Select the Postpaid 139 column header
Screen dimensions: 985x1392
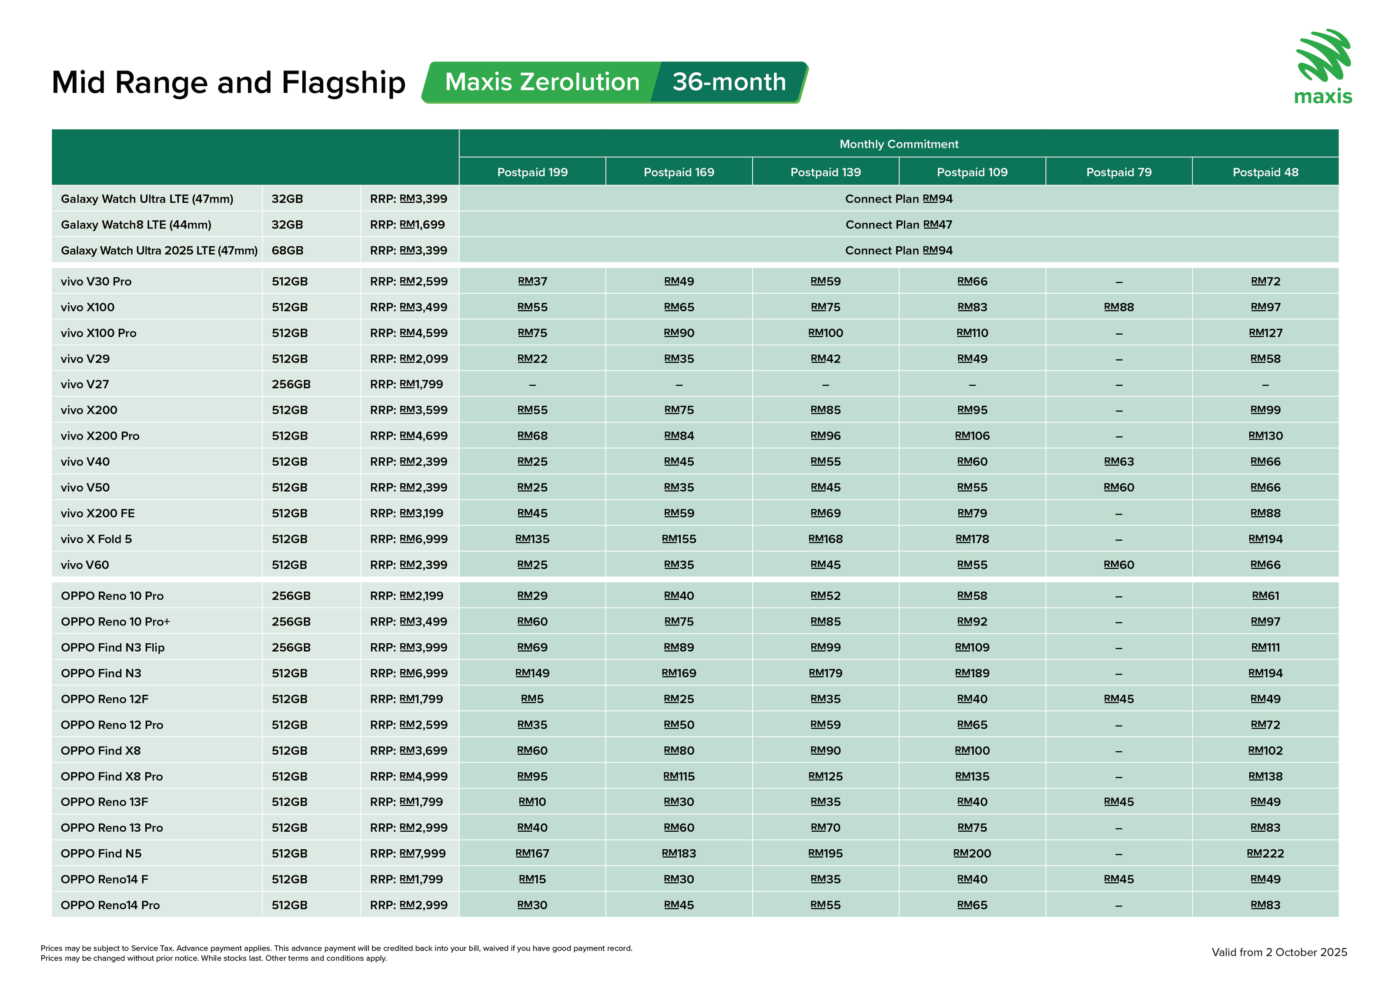click(x=825, y=172)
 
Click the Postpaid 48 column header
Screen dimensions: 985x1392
click(x=1265, y=172)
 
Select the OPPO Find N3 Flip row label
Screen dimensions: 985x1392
click(x=113, y=648)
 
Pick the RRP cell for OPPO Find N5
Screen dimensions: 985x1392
click(x=408, y=854)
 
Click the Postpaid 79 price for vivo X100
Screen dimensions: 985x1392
click(x=1118, y=307)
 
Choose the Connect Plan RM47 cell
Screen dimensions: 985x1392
click(x=899, y=225)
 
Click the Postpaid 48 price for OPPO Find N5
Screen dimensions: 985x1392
click(x=1265, y=854)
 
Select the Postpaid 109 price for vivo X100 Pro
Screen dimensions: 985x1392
click(x=972, y=333)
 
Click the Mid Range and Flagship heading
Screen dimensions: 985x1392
click(x=228, y=83)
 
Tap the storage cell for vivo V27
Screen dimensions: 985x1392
click(x=291, y=384)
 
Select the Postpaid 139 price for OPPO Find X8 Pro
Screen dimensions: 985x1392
click(x=825, y=777)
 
